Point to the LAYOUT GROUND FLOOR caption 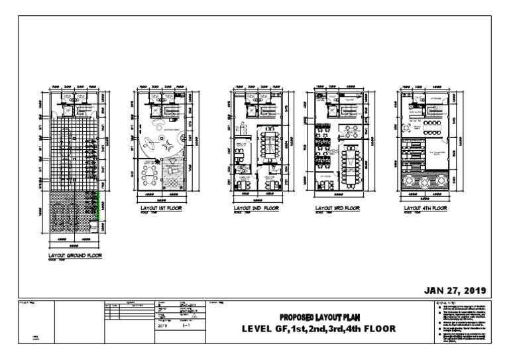[x=76, y=255]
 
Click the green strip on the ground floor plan [x=100, y=202]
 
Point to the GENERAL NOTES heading [x=443, y=303]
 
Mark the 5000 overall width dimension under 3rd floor [x=337, y=196]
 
